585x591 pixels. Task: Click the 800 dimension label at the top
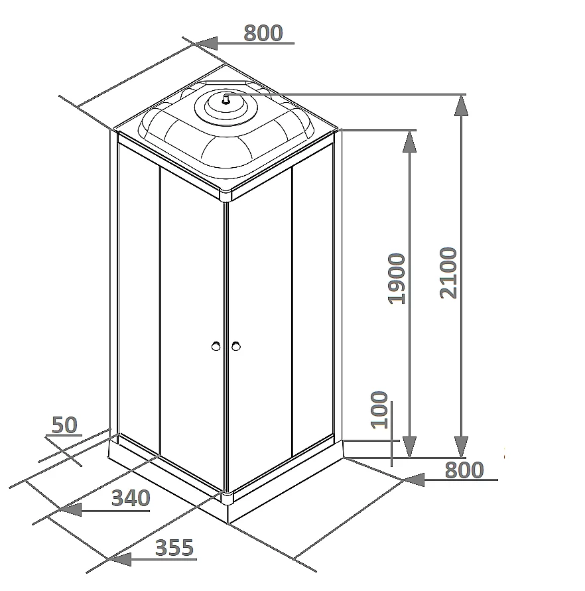(x=263, y=33)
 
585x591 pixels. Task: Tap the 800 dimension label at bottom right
(x=464, y=470)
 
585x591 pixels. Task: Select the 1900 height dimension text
(x=397, y=279)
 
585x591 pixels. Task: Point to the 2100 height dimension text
(x=448, y=273)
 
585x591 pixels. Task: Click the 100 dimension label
(x=379, y=410)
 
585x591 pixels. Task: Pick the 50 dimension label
(x=64, y=425)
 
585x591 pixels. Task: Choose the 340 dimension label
(x=131, y=498)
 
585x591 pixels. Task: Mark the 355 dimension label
(x=174, y=548)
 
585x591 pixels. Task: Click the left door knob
(x=216, y=346)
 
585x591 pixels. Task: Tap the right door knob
(x=236, y=346)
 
